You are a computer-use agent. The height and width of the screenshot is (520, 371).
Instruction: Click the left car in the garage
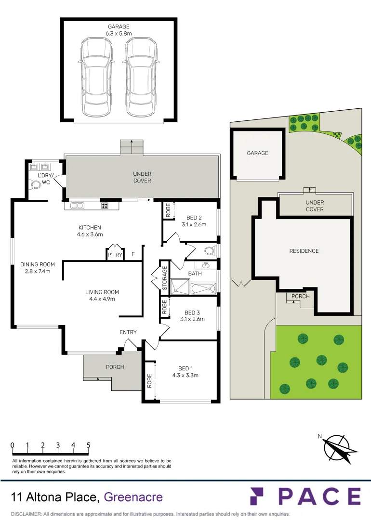pos(96,77)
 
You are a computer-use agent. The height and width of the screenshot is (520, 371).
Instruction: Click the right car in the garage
pos(141,77)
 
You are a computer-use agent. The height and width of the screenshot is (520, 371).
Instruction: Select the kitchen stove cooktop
pos(104,206)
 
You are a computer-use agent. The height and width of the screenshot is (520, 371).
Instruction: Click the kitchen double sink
pos(77,206)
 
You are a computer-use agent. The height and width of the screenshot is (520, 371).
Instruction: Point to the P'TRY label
pos(114,255)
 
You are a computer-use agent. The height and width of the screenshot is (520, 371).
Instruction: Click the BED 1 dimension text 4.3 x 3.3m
pos(185,375)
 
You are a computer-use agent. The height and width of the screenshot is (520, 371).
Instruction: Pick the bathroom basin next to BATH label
pos(206,265)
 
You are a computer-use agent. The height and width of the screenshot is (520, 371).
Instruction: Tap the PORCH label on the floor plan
pos(115,367)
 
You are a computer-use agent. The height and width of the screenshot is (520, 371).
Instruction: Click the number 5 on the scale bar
pos(89,445)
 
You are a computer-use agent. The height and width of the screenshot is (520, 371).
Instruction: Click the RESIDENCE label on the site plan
pos(304,251)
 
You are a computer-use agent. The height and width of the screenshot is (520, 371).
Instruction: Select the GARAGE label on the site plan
pos(257,153)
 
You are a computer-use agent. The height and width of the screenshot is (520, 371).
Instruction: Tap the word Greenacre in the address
pos(133,497)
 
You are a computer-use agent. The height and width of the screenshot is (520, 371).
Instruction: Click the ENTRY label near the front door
pos(128,332)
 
